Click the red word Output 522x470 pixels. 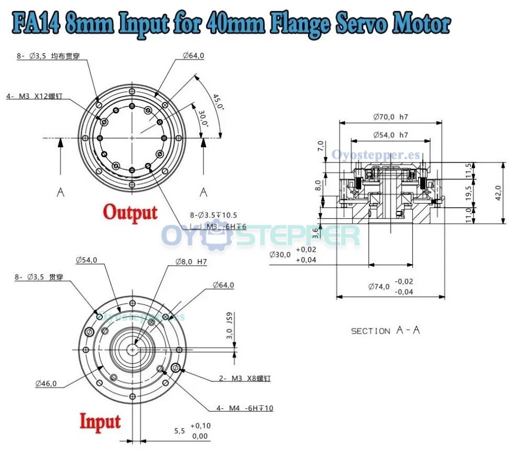(x=130, y=212)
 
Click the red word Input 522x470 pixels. (x=100, y=421)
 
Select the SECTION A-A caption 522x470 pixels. (x=385, y=331)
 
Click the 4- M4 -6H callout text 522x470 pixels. (x=244, y=408)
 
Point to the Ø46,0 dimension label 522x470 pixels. (x=46, y=383)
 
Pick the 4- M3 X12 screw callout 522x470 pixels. (x=34, y=96)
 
